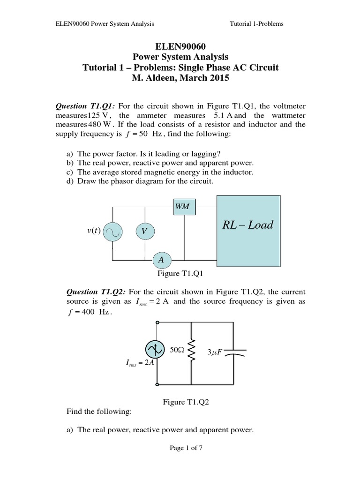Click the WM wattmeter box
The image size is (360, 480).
(185, 206)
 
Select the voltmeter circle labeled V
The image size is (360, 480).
(145, 231)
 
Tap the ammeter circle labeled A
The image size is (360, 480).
(161, 260)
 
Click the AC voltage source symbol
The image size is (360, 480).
(113, 231)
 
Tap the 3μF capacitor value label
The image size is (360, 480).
(214, 352)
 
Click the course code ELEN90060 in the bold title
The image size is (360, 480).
(180, 47)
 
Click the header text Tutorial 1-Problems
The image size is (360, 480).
(256, 23)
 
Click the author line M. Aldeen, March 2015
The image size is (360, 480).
(180, 78)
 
